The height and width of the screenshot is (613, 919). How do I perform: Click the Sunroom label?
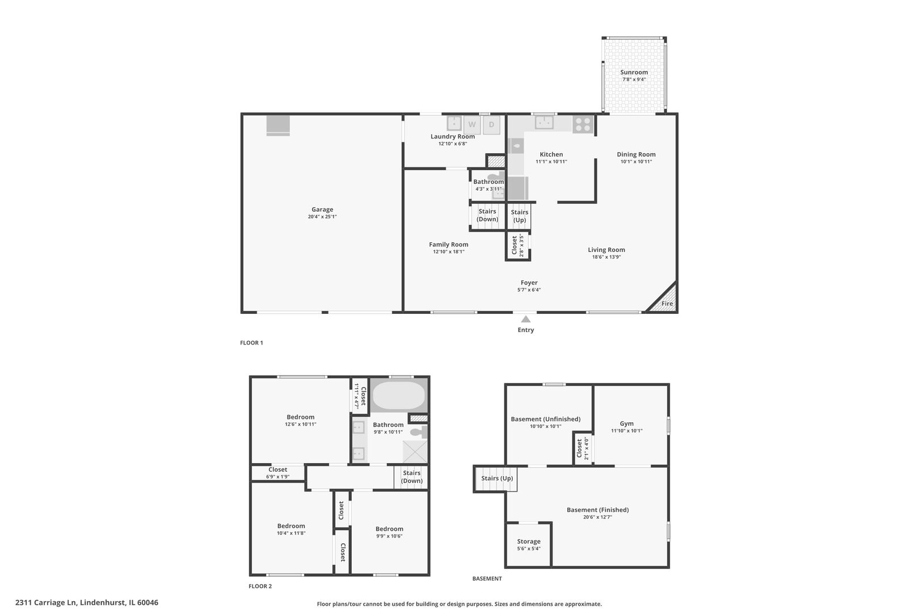[x=634, y=73]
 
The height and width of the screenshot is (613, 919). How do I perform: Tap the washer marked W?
[x=472, y=125]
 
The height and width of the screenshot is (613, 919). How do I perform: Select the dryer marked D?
[x=491, y=125]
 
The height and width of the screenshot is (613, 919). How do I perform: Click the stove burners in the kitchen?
[x=583, y=124]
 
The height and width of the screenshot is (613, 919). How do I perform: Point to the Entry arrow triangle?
[x=526, y=319]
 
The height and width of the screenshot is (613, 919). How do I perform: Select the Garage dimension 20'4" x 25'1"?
[x=322, y=217]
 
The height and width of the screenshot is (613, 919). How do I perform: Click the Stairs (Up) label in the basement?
[x=497, y=478]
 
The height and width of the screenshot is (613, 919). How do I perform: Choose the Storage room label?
[x=529, y=541]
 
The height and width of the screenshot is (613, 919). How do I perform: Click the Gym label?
[x=627, y=423]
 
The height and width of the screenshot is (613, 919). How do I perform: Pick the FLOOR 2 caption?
[x=260, y=586]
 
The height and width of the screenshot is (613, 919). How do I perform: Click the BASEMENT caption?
[x=487, y=579]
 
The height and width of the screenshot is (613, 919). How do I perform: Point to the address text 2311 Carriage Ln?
[x=87, y=603]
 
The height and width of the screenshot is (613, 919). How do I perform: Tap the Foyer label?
[x=529, y=283]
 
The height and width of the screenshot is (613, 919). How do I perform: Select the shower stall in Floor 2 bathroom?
[x=415, y=451]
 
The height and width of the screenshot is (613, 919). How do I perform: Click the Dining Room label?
[x=636, y=154]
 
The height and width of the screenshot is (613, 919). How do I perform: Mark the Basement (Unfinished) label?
[x=546, y=419]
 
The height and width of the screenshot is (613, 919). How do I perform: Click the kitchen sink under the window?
[x=545, y=122]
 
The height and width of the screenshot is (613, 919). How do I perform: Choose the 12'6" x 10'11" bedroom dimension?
[x=301, y=425]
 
